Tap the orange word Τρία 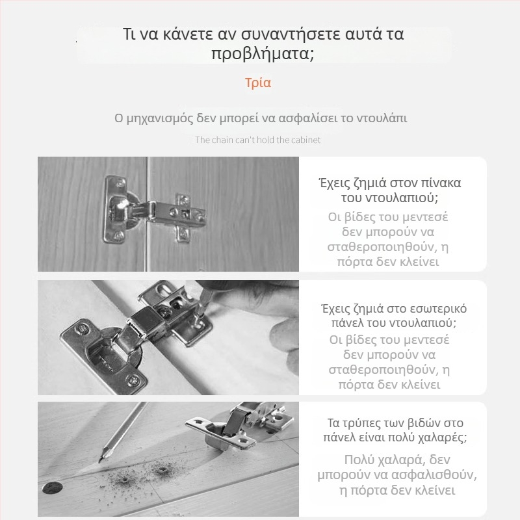(258, 83)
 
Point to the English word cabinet (304, 140)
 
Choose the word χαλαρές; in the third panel (442, 437)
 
